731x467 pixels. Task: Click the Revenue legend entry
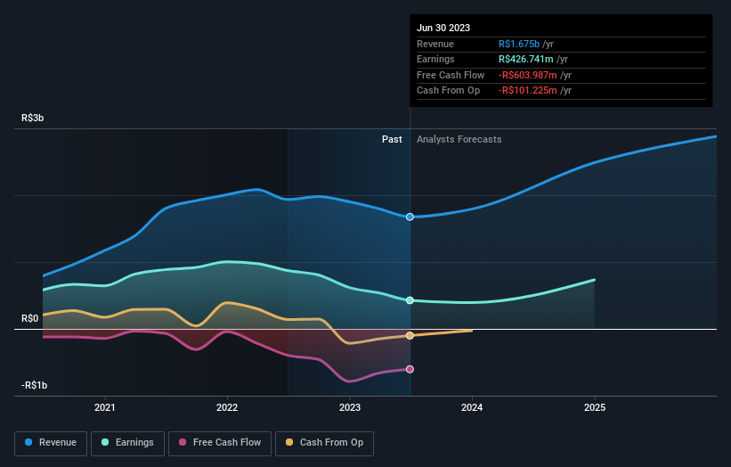click(x=51, y=442)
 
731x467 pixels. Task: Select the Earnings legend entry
click(x=128, y=442)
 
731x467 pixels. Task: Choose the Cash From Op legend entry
click(x=324, y=442)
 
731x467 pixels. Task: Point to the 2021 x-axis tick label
click(x=105, y=407)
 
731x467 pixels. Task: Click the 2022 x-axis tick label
click(x=227, y=407)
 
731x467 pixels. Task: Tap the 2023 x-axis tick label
click(x=350, y=407)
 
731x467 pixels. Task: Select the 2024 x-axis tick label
click(x=472, y=407)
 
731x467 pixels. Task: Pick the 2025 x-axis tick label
click(x=595, y=407)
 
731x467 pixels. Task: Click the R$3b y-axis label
click(x=35, y=118)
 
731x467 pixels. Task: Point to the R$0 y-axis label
click(x=31, y=318)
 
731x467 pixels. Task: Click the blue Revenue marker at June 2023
click(x=410, y=217)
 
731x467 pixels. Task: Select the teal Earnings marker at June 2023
click(x=410, y=300)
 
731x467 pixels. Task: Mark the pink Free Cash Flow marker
click(x=410, y=369)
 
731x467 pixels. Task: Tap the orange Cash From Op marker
click(x=410, y=336)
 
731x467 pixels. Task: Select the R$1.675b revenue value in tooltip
click(x=525, y=44)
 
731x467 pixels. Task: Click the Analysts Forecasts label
click(x=459, y=139)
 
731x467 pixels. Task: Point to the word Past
click(x=392, y=139)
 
